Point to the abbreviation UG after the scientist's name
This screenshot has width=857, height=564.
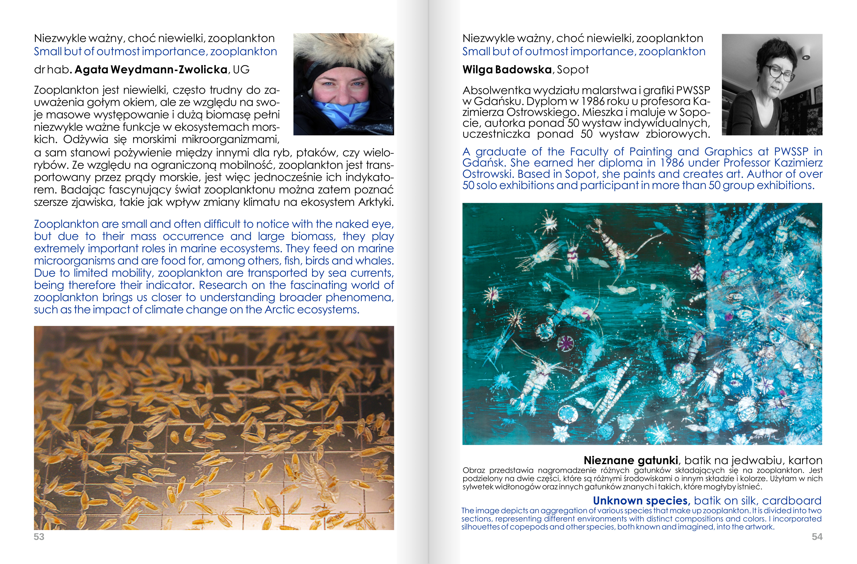(x=241, y=70)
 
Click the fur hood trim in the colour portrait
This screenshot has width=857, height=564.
(x=342, y=50)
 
